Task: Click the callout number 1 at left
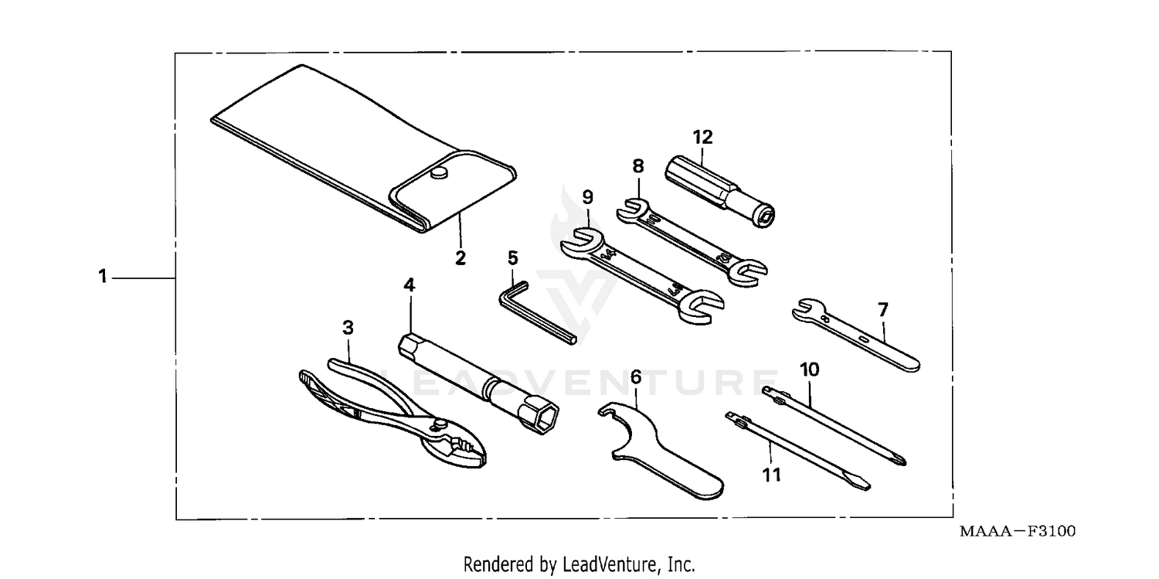pyautogui.click(x=102, y=277)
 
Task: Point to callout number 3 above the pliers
pyautogui.click(x=348, y=328)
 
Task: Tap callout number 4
pyautogui.click(x=410, y=284)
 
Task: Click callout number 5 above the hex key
pyautogui.click(x=512, y=257)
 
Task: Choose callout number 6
pyautogui.click(x=636, y=377)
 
